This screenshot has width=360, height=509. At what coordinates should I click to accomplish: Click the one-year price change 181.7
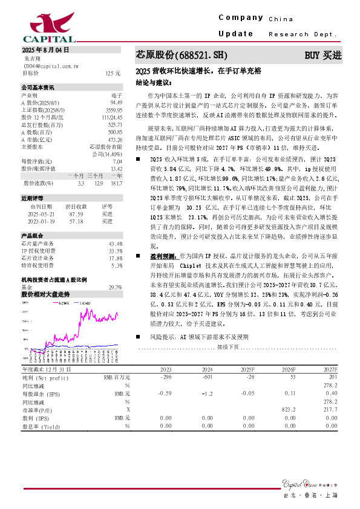click(116, 183)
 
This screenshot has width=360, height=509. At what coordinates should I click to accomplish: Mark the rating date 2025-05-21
click(42, 214)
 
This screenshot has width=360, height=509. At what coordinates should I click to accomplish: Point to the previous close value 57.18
click(76, 221)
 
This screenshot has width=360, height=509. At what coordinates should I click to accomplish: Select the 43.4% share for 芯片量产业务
click(116, 244)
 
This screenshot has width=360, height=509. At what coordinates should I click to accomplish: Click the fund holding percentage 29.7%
click(115, 287)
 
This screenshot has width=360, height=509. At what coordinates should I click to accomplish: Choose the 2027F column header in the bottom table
click(329, 369)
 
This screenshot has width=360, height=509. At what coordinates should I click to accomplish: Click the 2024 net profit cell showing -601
click(206, 377)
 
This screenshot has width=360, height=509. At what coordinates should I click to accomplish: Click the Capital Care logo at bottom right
click(309, 483)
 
